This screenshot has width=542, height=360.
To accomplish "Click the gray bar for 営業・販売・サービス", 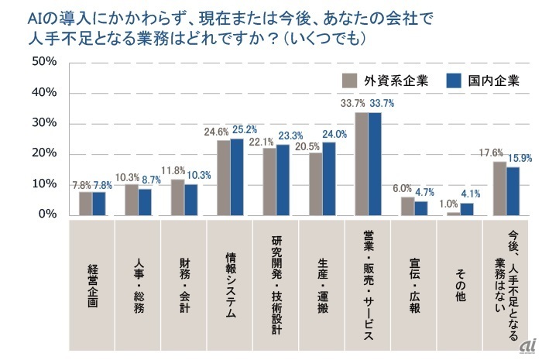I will [362, 163].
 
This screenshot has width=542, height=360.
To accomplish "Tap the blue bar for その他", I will [466, 209].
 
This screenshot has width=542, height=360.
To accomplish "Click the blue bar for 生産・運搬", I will [329, 178].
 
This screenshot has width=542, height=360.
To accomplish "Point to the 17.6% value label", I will [492, 153].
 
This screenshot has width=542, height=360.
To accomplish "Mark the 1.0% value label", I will [448, 203].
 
